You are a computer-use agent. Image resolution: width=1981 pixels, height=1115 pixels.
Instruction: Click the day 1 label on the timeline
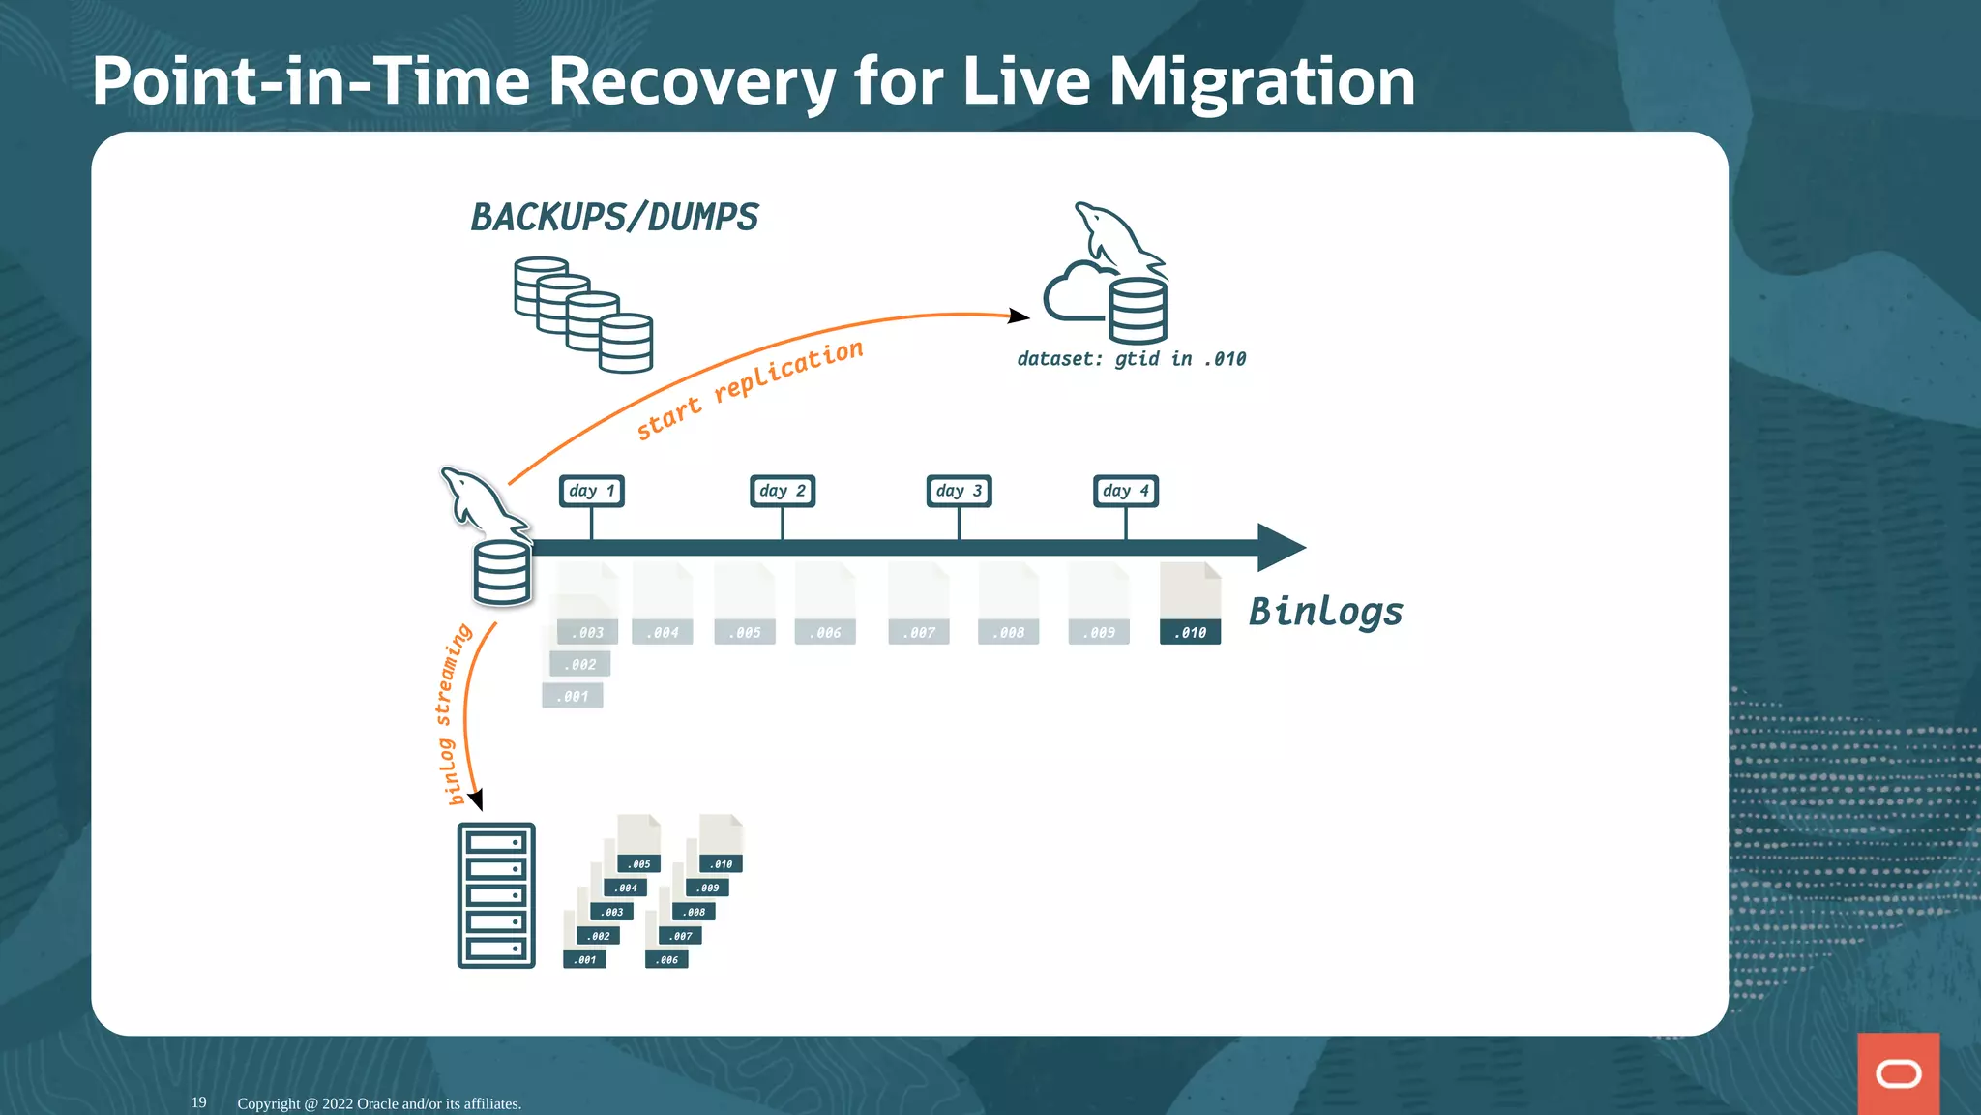[x=591, y=491]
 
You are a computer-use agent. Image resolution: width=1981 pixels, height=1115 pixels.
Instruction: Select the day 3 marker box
[x=959, y=491]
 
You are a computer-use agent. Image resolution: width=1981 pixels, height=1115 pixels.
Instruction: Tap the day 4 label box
[x=1125, y=491]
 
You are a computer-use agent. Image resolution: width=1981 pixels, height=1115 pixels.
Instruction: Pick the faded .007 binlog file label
[x=919, y=632]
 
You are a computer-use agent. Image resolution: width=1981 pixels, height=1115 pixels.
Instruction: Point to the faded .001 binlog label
[x=573, y=696]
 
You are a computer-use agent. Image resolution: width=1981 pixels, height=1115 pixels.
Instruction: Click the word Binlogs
[x=1325, y=612]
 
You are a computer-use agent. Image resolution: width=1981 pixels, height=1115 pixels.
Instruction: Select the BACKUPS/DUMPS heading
[x=614, y=217]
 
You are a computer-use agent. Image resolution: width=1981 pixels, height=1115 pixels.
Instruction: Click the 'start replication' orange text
[x=750, y=389]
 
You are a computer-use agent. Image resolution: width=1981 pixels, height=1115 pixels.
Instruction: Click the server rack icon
[x=495, y=895]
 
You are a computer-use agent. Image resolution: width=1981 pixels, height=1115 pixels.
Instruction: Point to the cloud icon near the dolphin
[x=1074, y=291]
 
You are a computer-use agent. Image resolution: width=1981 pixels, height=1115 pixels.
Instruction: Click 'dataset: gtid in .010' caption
[x=1131, y=359]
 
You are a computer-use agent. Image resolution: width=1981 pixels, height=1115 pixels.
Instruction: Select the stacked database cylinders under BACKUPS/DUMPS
[x=583, y=315]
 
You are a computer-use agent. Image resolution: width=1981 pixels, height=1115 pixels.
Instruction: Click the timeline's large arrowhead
[x=1280, y=547]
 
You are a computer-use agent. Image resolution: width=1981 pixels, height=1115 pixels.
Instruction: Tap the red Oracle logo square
[x=1898, y=1073]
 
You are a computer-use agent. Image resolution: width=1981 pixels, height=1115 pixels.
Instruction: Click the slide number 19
[x=198, y=1102]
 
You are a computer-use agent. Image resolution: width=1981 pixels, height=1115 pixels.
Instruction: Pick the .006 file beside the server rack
[x=666, y=959]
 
